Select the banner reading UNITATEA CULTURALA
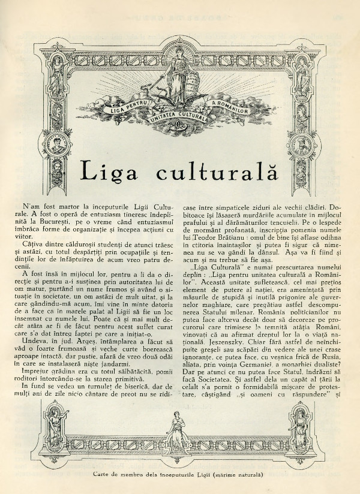(x=178, y=118)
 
